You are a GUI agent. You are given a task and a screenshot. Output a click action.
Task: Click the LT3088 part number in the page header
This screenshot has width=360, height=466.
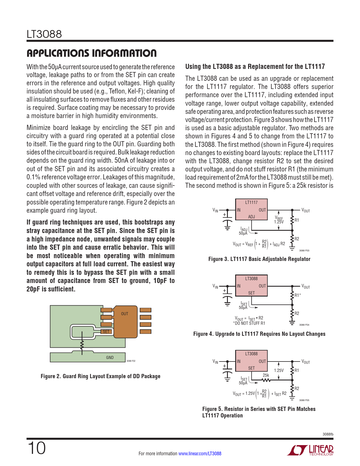[x=44, y=34]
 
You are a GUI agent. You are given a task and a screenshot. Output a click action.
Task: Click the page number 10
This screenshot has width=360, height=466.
[x=36, y=448]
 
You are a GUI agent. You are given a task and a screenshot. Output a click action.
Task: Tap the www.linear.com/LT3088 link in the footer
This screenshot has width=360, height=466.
[x=200, y=454]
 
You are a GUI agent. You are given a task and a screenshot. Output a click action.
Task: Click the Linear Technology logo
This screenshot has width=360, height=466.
[x=310, y=450]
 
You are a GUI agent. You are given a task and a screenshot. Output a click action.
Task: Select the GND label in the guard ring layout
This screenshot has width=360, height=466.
[x=110, y=358]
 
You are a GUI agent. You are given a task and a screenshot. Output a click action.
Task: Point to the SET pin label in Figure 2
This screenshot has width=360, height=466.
[x=106, y=332]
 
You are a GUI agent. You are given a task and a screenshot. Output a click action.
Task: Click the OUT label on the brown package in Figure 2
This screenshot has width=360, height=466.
[x=125, y=314]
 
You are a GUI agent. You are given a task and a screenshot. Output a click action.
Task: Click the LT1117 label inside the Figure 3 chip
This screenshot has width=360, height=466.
[x=251, y=202]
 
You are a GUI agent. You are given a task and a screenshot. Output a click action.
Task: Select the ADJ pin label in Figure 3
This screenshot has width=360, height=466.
[x=251, y=217]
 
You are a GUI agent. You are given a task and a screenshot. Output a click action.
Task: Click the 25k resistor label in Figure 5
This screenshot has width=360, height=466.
[x=266, y=375]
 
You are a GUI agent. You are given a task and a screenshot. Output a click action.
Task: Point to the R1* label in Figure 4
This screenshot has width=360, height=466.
[x=298, y=295]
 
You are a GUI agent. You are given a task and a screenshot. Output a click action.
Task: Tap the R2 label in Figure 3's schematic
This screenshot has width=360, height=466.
[x=297, y=239]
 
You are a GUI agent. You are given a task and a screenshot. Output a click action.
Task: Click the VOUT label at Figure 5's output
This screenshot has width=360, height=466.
[x=306, y=362]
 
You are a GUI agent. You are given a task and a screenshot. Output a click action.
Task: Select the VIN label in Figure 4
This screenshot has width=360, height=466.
[x=215, y=286]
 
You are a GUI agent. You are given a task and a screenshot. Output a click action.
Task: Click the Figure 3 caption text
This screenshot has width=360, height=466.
[x=259, y=259]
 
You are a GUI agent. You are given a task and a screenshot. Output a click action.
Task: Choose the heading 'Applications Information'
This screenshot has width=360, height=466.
[x=91, y=53]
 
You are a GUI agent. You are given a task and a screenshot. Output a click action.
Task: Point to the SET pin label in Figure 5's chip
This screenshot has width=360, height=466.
[x=251, y=368]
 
